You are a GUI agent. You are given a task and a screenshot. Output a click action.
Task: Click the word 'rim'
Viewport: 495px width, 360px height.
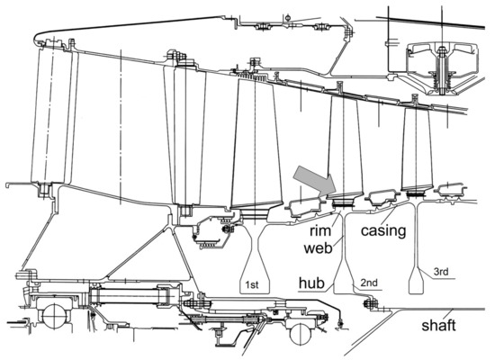click(320, 230)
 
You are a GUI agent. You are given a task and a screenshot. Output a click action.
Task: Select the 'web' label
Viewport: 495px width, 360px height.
click(319, 247)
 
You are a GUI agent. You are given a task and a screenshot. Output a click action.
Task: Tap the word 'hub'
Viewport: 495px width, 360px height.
click(311, 283)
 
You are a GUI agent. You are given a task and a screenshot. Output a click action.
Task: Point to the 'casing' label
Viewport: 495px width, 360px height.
click(383, 230)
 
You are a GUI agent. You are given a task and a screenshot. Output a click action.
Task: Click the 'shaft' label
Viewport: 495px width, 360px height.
click(438, 325)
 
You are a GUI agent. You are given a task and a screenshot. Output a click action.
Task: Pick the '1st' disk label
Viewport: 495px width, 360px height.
click(252, 284)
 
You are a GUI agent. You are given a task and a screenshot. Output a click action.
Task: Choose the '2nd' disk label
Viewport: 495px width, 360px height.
click(369, 283)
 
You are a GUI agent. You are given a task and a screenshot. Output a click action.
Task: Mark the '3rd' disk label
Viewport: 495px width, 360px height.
click(441, 272)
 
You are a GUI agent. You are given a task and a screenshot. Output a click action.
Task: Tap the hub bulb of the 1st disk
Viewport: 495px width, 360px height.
click(255, 278)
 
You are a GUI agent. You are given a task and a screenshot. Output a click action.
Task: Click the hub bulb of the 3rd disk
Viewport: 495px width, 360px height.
click(416, 282)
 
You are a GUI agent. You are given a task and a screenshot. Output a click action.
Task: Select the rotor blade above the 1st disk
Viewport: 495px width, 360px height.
click(256, 144)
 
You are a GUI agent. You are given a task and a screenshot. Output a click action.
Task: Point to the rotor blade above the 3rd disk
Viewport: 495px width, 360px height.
click(417, 148)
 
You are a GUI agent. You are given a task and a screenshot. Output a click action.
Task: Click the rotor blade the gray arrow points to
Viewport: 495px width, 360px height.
click(345, 147)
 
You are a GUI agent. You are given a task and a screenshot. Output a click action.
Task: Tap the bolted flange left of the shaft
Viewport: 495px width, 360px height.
click(370, 303)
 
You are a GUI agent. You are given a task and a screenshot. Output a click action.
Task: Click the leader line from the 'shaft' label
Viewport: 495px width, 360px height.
click(448, 313)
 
